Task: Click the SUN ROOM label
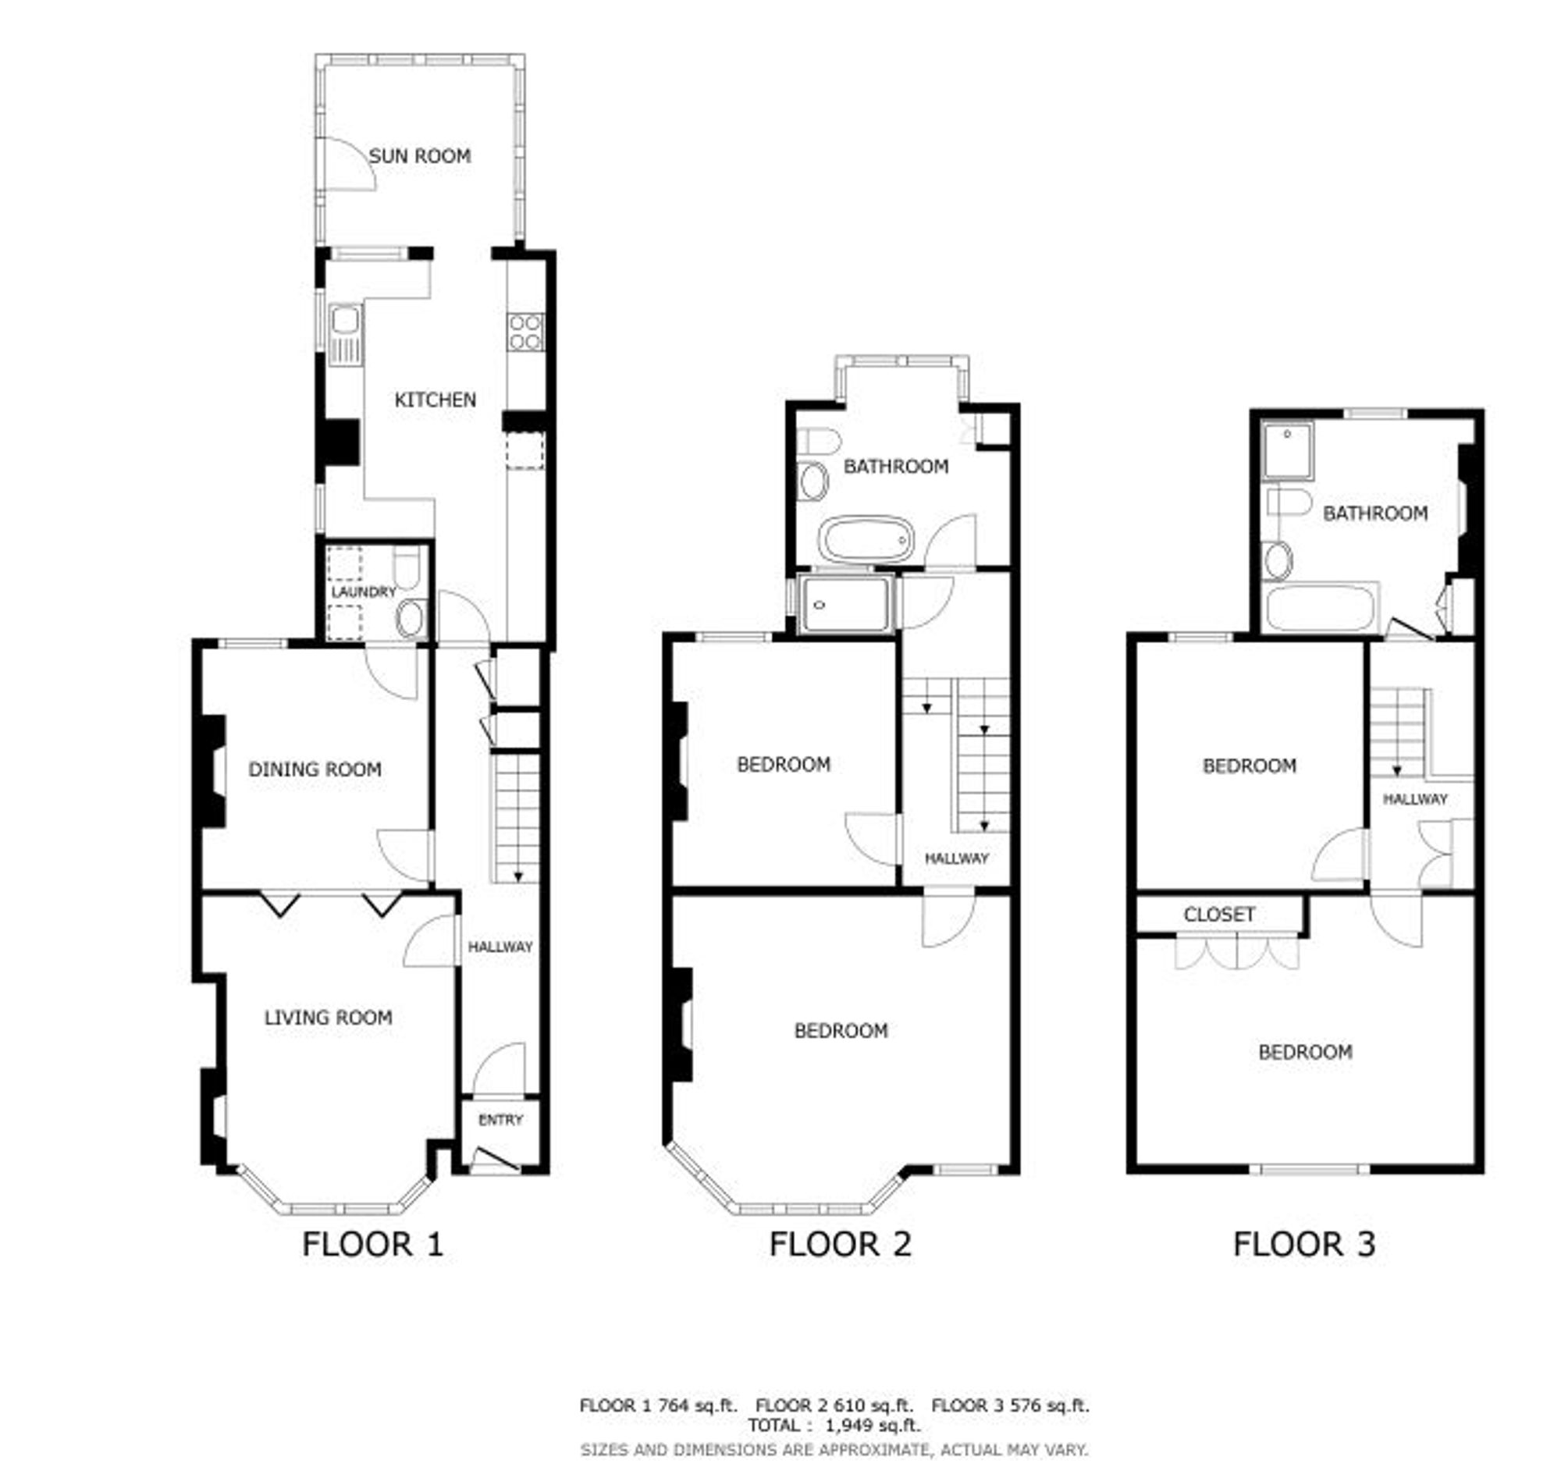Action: coord(420,156)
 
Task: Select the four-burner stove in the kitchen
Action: coord(525,331)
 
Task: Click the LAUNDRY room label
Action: coord(364,592)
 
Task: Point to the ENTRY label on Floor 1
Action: coord(500,1120)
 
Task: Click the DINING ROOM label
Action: coord(315,769)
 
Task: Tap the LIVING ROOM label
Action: coord(329,1018)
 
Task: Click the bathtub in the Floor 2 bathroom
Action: coord(866,538)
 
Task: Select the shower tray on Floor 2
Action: coord(845,605)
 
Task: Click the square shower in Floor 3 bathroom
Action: coord(1288,451)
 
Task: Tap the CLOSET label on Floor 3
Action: coord(1219,915)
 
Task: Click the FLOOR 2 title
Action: coord(840,1244)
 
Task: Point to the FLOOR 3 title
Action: coord(1304,1244)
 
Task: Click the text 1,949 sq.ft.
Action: coord(872,1425)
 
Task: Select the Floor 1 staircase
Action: coord(517,817)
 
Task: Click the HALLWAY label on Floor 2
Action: coord(956,858)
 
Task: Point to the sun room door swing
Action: coord(351,163)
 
